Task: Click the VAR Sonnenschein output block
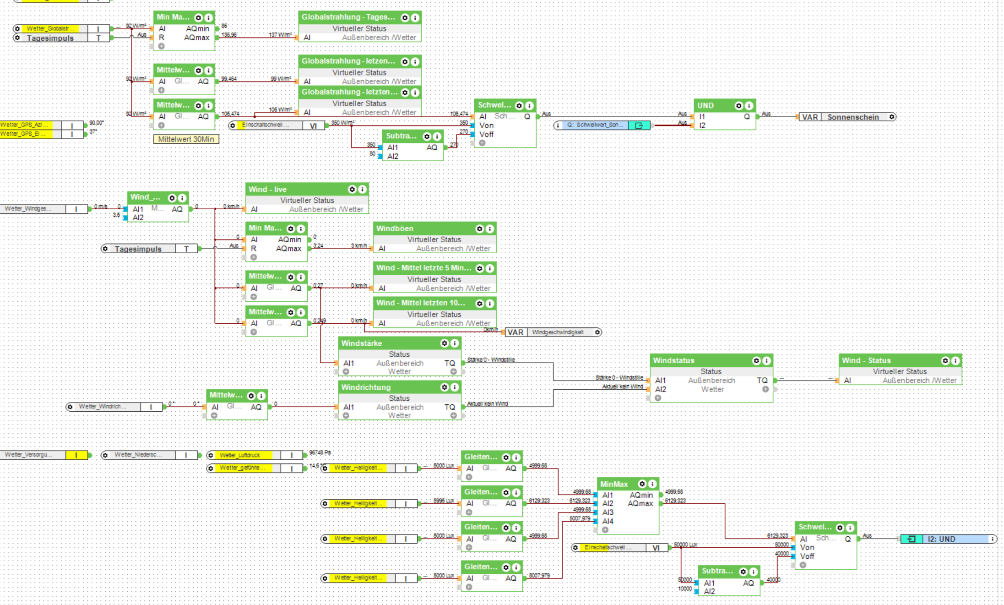pyautogui.click(x=847, y=117)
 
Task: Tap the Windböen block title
pyautogui.click(x=395, y=229)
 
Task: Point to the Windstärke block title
pyautogui.click(x=362, y=343)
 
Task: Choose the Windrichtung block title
pyautogui.click(x=366, y=387)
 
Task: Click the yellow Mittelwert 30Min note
pyautogui.click(x=186, y=139)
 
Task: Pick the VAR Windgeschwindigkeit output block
pyautogui.click(x=553, y=332)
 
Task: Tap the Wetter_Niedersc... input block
pyautogui.click(x=138, y=455)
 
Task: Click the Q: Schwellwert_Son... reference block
pyautogui.click(x=595, y=125)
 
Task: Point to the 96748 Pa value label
pyautogui.click(x=320, y=453)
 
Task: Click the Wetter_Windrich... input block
pyautogui.click(x=102, y=407)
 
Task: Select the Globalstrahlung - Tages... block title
pyautogui.click(x=348, y=17)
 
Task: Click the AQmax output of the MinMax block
pyautogui.click(x=640, y=504)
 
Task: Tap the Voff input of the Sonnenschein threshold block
pyautogui.click(x=486, y=135)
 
